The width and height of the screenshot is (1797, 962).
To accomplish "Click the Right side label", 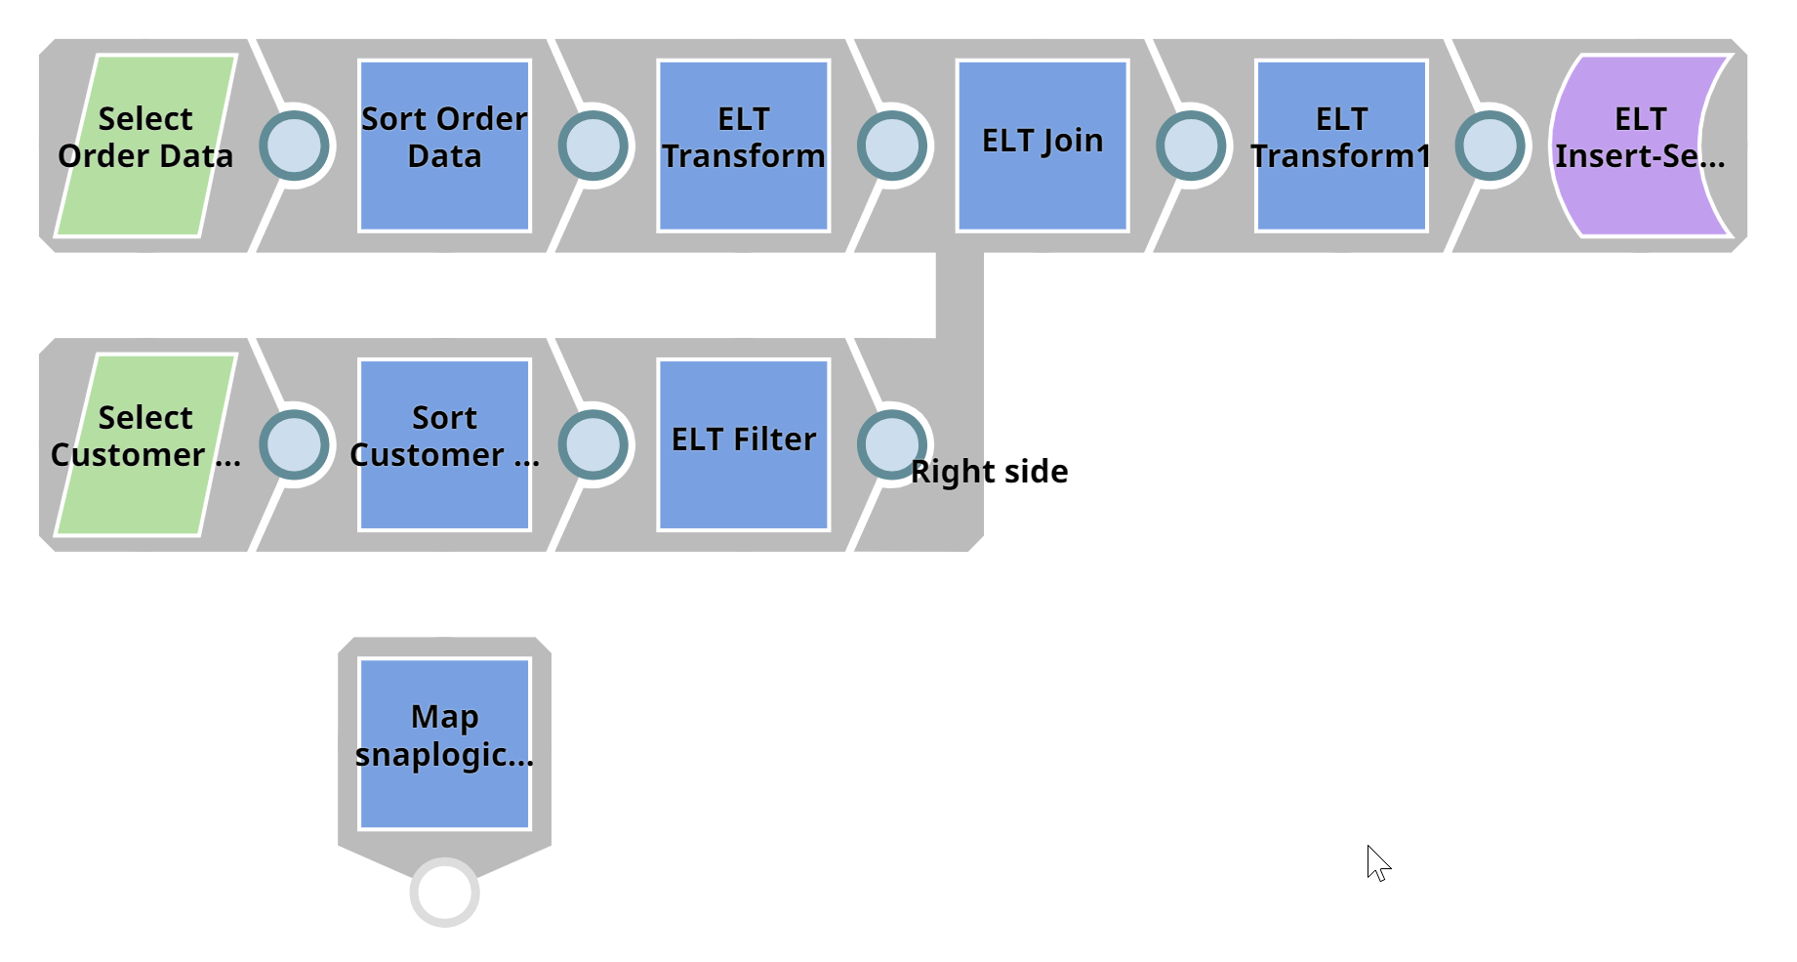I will pyautogui.click(x=990, y=472).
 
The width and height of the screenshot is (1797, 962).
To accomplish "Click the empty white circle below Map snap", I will pyautogui.click(x=445, y=892).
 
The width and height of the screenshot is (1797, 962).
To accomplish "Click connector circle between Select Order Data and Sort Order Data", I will pyautogui.click(x=295, y=146).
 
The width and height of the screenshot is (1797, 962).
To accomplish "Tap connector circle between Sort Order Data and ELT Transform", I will pyautogui.click(x=593, y=146).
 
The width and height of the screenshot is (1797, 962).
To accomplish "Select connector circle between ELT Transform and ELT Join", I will pyautogui.click(x=892, y=146).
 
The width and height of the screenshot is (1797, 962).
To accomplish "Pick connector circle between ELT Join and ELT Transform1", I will pyautogui.click(x=1191, y=146).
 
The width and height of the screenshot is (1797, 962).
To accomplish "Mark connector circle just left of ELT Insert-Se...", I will pyautogui.click(x=1490, y=146).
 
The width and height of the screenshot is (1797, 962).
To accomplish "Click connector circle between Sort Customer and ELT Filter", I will pyautogui.click(x=593, y=444).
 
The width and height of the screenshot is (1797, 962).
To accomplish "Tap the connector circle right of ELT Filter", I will pyautogui.click(x=890, y=442).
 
